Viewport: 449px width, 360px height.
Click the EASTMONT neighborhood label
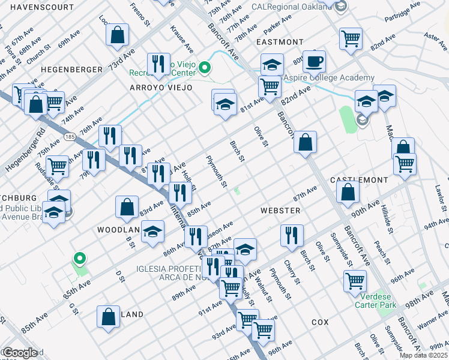(280, 42)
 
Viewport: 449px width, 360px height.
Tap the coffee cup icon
(314, 61)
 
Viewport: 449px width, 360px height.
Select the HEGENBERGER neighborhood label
(72, 70)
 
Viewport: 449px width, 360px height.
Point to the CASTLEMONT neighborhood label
(360, 180)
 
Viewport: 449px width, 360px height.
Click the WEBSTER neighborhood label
(280, 211)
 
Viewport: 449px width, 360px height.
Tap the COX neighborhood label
(320, 322)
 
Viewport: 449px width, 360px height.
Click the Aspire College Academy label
(329, 78)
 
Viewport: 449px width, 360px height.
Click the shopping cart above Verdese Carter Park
(355, 280)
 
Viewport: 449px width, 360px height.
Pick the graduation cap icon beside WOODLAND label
(153, 231)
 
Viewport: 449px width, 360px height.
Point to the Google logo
(20, 353)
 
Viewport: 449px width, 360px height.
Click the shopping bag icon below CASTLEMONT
(348, 193)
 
